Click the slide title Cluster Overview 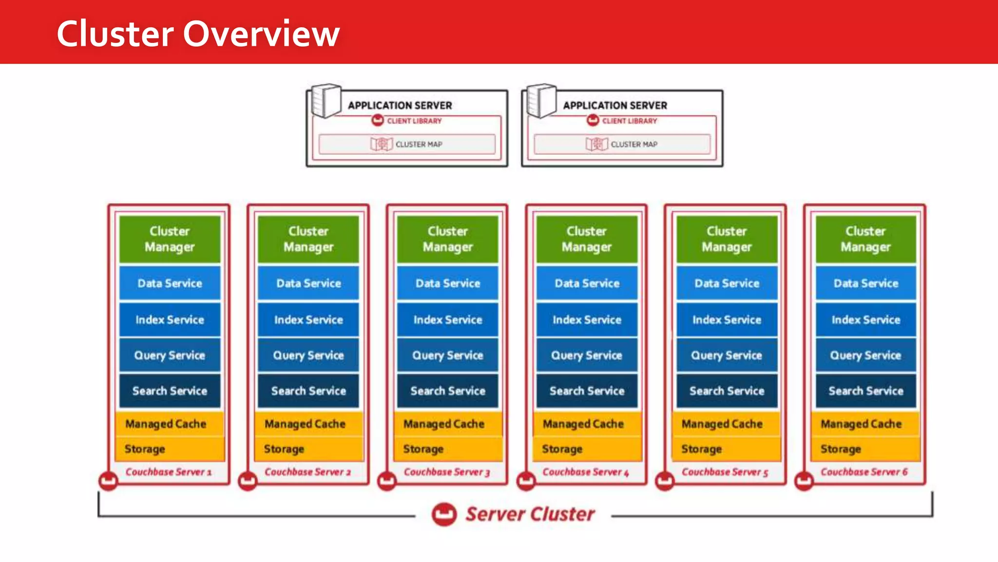198,34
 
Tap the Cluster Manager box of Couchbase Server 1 170,239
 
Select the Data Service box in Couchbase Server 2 308,283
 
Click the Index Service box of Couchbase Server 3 447,320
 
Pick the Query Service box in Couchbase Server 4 587,355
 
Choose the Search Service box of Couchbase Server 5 727,391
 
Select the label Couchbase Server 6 864,472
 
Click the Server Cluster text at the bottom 530,514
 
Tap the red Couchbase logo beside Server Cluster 444,514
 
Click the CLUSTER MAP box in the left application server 407,144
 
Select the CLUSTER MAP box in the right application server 622,144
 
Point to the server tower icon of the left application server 326,101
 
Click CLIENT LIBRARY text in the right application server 629,121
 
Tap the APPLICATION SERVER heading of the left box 400,105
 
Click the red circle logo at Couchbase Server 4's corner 526,481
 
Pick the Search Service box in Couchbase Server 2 308,391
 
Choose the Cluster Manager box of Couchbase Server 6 865,239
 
